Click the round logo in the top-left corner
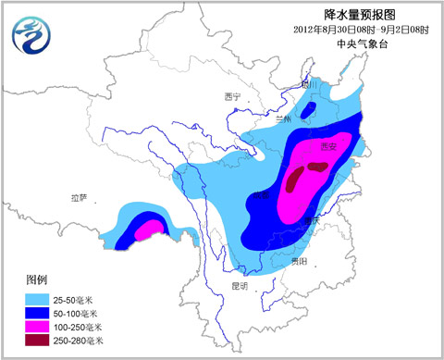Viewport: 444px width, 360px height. click(x=31, y=36)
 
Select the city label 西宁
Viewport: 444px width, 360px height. click(x=232, y=96)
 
